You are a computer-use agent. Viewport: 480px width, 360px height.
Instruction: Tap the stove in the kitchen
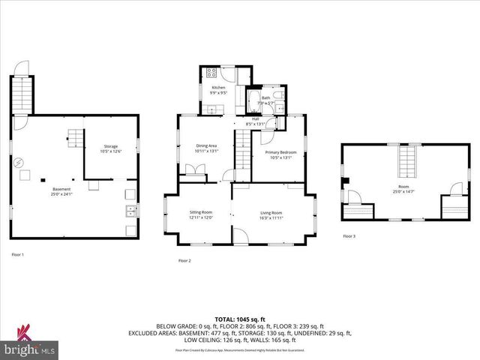pos(211,73)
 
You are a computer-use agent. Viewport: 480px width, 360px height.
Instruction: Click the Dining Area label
pos(206,148)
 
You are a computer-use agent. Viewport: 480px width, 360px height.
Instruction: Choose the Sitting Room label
pos(201,215)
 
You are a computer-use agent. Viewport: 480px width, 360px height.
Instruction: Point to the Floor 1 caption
pos(17,255)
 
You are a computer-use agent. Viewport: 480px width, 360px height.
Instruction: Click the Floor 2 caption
pos(184,260)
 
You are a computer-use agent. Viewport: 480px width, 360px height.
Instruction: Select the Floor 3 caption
pos(349,236)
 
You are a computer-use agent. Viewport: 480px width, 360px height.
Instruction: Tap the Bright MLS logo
pos(30,346)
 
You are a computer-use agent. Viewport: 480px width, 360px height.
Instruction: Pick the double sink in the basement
pos(131,210)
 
